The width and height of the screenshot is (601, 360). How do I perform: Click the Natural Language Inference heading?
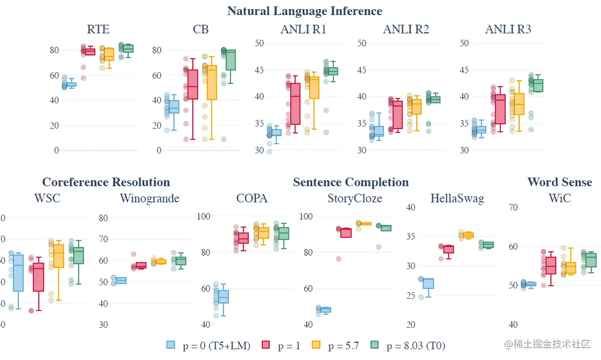click(304, 11)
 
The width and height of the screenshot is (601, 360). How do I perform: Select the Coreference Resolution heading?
click(106, 182)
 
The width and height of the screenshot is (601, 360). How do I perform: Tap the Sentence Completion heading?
click(351, 182)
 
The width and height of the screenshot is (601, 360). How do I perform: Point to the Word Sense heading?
click(560, 182)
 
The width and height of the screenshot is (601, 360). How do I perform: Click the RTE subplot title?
click(98, 29)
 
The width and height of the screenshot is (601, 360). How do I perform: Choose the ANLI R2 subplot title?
click(406, 29)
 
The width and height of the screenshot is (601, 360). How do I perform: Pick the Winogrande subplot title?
click(149, 199)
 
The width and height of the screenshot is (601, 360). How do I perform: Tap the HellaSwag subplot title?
click(457, 199)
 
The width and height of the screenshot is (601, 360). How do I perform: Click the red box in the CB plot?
click(193, 84)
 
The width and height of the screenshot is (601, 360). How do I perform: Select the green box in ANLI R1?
click(333, 71)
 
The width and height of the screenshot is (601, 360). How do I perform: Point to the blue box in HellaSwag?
click(428, 284)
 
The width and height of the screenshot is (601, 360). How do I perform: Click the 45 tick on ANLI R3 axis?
click(464, 70)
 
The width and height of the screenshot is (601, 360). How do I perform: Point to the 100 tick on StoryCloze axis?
click(306, 216)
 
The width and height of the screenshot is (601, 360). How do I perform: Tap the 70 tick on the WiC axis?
click(513, 207)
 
